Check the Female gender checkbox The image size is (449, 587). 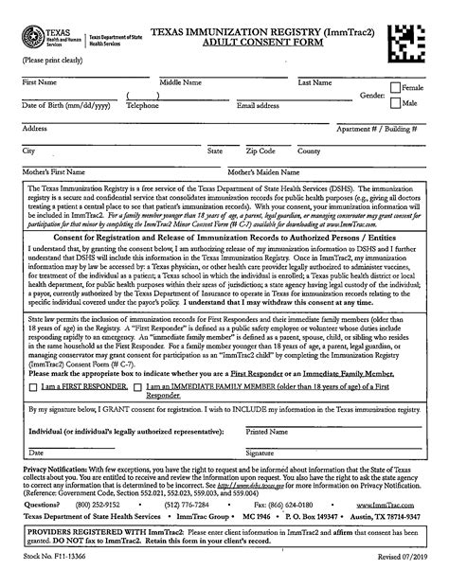click(396, 88)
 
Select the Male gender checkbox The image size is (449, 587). click(396, 103)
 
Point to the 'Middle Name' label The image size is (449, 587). click(181, 83)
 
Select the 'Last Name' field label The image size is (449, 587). click(314, 83)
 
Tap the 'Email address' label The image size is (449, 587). click(258, 106)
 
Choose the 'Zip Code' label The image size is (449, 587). click(260, 151)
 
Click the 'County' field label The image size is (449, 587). click(309, 151)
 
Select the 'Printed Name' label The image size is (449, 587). click(267, 431)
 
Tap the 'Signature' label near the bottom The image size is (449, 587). click(260, 454)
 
